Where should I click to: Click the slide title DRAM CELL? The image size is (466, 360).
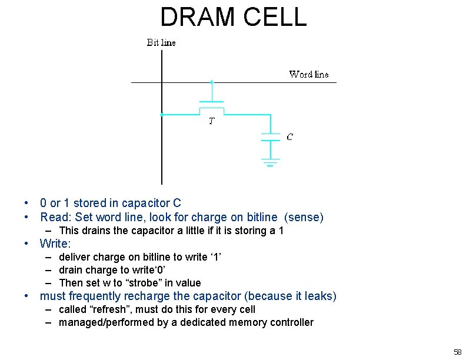tap(233, 17)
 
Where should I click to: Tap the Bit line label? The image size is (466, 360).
tap(161, 42)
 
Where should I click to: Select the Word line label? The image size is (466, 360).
tap(308, 74)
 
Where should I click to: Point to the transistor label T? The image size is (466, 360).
tap(211, 122)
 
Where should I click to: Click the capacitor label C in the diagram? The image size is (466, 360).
tap(289, 136)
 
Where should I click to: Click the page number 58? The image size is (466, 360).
tap(457, 352)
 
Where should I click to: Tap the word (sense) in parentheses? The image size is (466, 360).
tap(304, 217)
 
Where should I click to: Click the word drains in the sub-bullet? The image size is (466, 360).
tap(96, 231)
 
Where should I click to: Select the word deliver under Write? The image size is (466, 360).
tap(75, 257)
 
